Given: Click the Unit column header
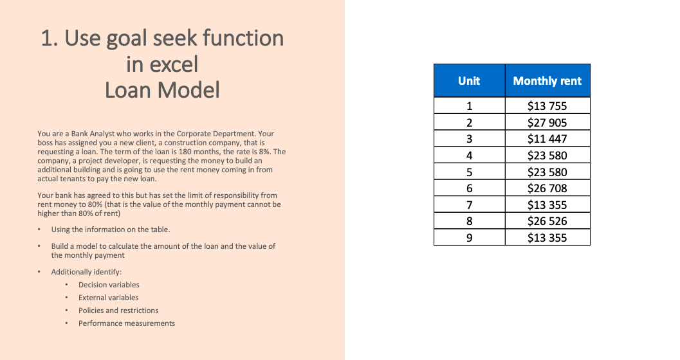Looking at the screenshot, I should tap(469, 81).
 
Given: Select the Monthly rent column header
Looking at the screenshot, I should tap(547, 81).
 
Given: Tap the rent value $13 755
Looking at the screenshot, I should tap(547, 106).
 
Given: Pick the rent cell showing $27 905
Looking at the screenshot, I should tap(547, 123).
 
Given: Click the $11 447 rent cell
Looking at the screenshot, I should tap(547, 139).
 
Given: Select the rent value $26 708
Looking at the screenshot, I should tap(547, 188).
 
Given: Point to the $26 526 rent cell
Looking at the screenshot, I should tap(547, 221).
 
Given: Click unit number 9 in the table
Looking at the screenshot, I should tap(469, 237).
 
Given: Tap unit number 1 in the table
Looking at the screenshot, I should tap(469, 106).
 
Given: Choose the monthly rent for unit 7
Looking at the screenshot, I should tap(547, 205).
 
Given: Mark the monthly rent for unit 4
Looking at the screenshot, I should tap(547, 156).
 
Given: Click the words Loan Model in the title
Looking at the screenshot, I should tap(162, 90).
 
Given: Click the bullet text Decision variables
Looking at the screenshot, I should tap(109, 285).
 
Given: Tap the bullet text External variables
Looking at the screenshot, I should tap(108, 298).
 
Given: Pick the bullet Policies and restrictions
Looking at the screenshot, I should tap(118, 310).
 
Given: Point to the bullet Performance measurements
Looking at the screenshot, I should tap(127, 323).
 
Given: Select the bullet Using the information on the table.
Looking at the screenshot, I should tap(111, 230).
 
